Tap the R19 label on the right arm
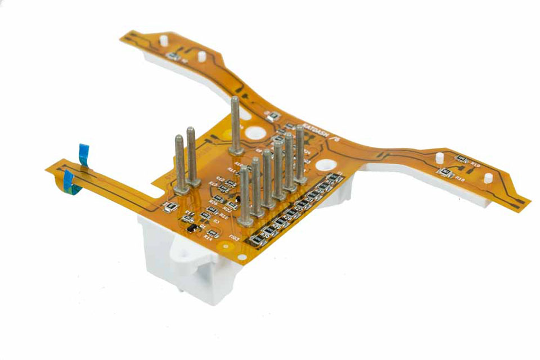coord(475,165)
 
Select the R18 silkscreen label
coord(460,179)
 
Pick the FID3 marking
coord(235,240)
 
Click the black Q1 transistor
coord(192,228)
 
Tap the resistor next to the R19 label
coord(461,159)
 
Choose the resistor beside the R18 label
coord(445,172)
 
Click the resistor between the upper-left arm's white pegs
coord(175,57)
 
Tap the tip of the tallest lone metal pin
coord(235,100)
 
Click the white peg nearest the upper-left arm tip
coord(163,41)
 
